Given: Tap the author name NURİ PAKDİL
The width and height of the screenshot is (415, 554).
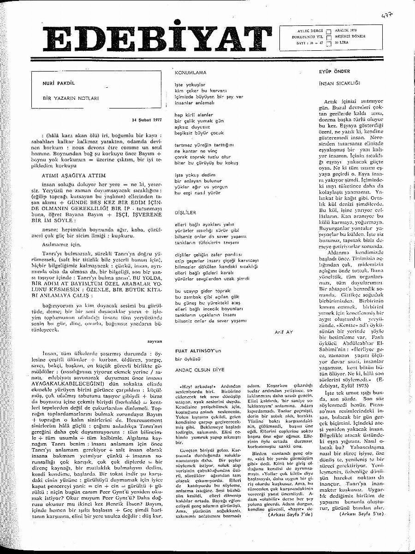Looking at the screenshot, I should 58,84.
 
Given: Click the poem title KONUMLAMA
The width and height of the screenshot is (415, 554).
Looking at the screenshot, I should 190,73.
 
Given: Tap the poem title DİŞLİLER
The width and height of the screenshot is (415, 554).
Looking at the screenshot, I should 185,212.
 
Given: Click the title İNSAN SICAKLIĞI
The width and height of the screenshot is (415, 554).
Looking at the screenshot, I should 339,84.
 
